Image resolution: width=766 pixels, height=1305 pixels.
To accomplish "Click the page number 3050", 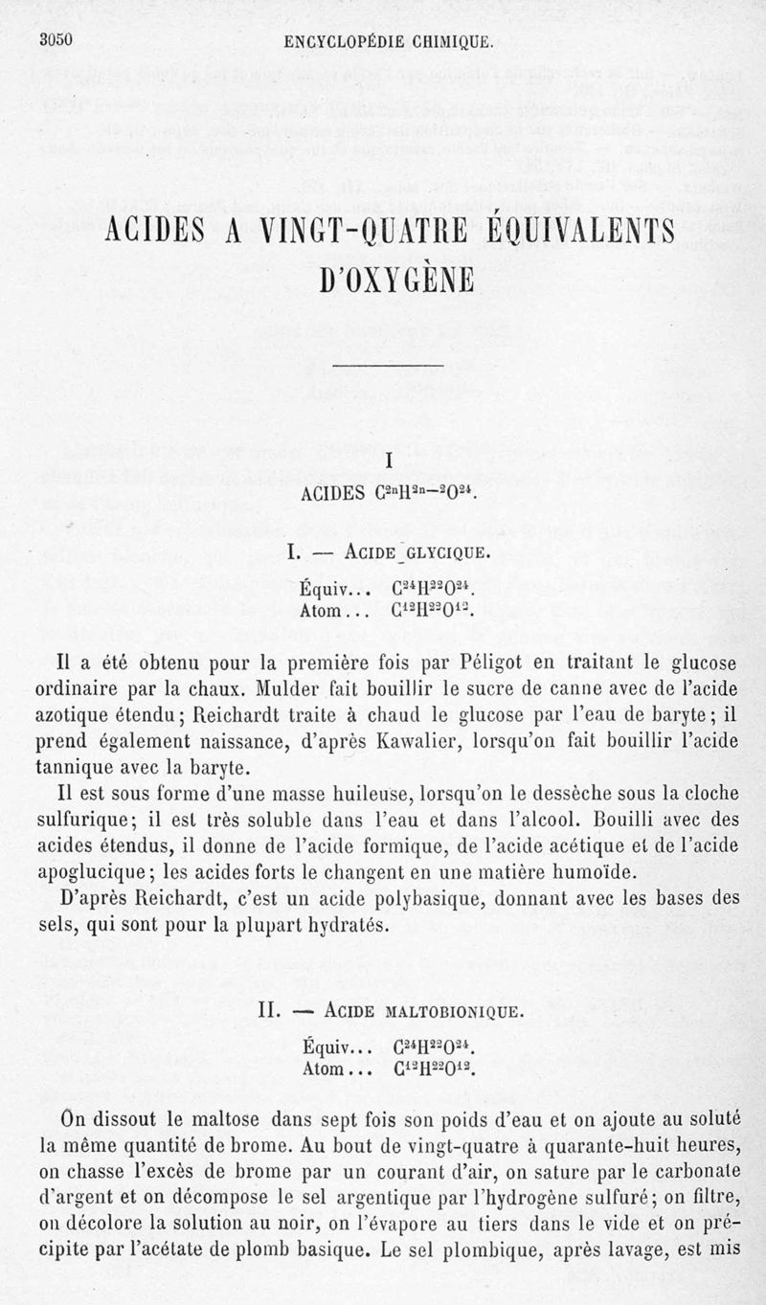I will (x=57, y=39).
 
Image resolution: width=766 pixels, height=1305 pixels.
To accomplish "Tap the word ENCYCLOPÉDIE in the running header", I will (x=351, y=41).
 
